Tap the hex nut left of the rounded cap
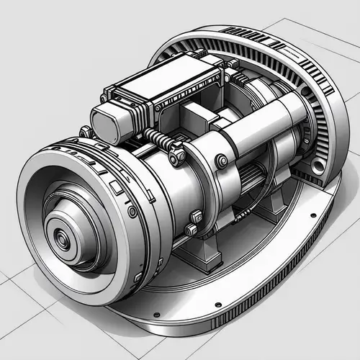point(84,132)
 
